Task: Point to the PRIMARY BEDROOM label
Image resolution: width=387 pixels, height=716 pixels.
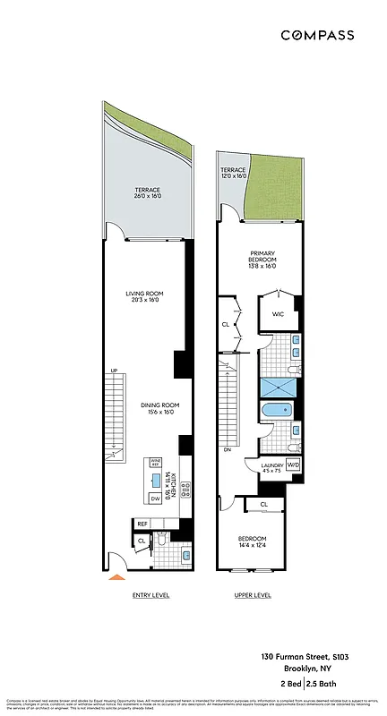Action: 262,260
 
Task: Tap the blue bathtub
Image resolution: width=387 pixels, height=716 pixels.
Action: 274,412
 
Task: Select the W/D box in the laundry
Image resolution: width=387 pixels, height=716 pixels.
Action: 293,466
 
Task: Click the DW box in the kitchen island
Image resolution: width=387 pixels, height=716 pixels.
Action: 155,499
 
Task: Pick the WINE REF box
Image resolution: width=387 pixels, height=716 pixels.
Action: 155,465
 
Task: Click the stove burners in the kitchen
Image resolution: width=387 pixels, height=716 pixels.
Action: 185,490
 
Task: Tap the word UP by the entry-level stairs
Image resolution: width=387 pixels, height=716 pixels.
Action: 114,371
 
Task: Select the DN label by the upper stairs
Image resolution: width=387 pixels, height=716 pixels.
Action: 228,449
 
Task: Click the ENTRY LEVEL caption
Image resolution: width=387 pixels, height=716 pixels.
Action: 150,595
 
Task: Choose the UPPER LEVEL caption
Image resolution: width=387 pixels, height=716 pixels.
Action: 252,595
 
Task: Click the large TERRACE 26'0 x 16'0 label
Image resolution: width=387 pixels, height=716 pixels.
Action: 147,193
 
